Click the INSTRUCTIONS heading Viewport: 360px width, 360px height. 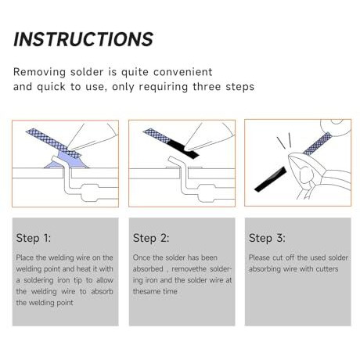[x=83, y=39]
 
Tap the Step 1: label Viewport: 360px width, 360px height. [x=34, y=238]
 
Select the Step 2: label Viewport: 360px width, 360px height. [x=151, y=238]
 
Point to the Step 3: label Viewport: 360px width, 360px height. [x=267, y=238]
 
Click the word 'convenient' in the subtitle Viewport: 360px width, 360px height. [x=183, y=72]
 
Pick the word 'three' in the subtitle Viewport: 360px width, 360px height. [x=207, y=87]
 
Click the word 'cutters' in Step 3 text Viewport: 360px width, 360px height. [x=327, y=269]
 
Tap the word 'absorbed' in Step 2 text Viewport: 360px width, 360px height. [x=148, y=269]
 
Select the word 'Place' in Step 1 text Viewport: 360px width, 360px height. [x=25, y=257]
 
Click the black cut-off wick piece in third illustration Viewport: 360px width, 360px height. [x=270, y=179]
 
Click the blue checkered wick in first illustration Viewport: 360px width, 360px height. [x=53, y=143]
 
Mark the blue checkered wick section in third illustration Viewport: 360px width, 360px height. [x=318, y=144]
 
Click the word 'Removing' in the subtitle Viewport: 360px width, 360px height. [x=39, y=72]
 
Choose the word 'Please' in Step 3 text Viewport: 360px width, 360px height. [x=259, y=257]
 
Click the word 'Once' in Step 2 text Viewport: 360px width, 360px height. [x=142, y=257]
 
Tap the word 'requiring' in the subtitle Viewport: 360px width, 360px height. [x=164, y=87]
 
